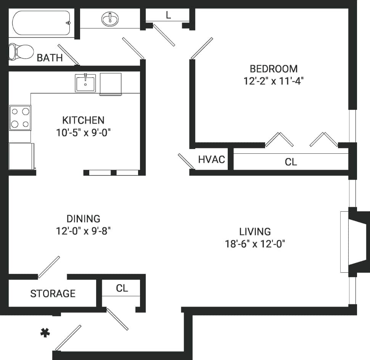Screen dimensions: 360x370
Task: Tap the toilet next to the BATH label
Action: pyautogui.click(x=21, y=51)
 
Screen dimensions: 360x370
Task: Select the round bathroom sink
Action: pyautogui.click(x=110, y=18)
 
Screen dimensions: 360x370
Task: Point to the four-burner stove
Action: pyautogui.click(x=20, y=118)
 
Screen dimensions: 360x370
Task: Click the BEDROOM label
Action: pyautogui.click(x=273, y=69)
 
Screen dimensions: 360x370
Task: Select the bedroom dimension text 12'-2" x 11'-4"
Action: pyautogui.click(x=273, y=81)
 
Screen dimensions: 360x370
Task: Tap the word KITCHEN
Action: pyautogui.click(x=83, y=121)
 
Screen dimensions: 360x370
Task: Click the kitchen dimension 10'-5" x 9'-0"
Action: pyautogui.click(x=83, y=133)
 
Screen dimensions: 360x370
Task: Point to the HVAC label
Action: pyautogui.click(x=211, y=159)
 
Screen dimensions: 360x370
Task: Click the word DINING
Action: pyautogui.click(x=83, y=219)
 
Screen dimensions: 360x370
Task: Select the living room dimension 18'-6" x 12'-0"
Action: pyautogui.click(x=255, y=244)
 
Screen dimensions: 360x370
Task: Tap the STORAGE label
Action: pyautogui.click(x=53, y=293)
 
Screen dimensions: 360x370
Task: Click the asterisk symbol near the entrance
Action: pyautogui.click(x=45, y=333)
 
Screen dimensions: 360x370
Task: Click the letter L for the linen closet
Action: pyautogui.click(x=168, y=15)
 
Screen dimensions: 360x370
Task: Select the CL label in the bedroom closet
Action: pyautogui.click(x=291, y=162)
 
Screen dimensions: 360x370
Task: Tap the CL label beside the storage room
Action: pyautogui.click(x=122, y=288)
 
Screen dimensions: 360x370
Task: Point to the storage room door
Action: pyautogui.click(x=49, y=267)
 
